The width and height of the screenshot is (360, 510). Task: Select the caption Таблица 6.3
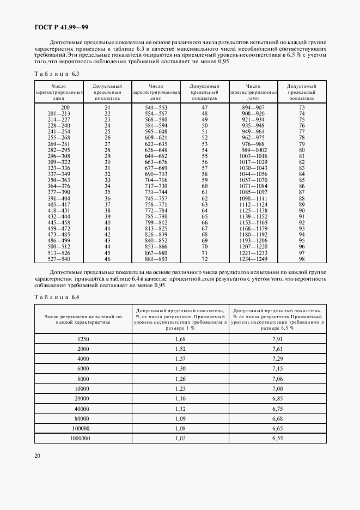coord(57,74)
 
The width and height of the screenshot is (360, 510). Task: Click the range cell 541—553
coord(155,108)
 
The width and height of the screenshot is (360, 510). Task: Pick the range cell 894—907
coord(253,108)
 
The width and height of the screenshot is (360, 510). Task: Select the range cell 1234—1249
coord(253,259)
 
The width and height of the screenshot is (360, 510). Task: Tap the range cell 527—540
coord(59,259)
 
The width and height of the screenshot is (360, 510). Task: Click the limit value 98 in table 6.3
coord(301,259)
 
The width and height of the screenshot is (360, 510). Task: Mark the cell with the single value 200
coord(59,108)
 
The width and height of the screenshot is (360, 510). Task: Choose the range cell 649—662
coord(155,156)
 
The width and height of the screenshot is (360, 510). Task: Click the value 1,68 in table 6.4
coord(180,339)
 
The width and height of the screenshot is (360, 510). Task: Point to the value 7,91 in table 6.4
coord(277,339)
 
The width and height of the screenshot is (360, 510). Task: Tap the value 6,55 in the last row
coord(277,438)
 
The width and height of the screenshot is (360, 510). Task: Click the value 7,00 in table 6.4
coord(277,388)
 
